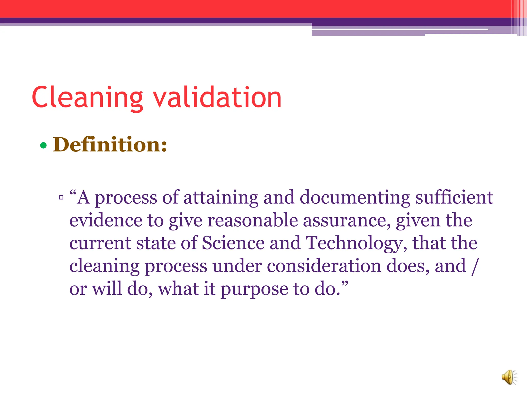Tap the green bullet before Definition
tap(43, 146)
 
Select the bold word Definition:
tap(110, 145)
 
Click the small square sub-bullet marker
tap(61, 197)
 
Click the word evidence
tap(106, 220)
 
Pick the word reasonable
tap(252, 220)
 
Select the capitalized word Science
tap(233, 243)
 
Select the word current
tap(100, 244)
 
